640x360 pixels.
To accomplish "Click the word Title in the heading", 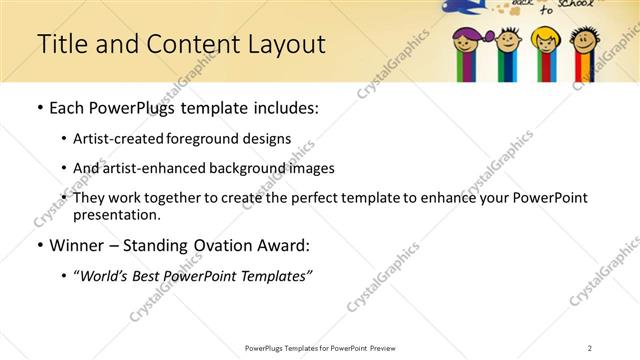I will click(x=61, y=44).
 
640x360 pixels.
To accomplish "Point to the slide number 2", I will click(x=590, y=348).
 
